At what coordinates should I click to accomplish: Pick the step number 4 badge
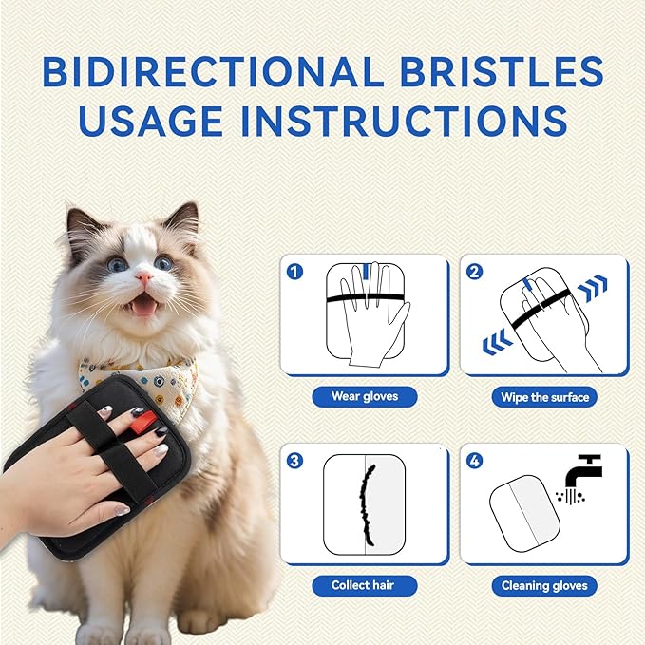pyautogui.click(x=475, y=461)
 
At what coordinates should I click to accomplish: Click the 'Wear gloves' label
pyautogui.click(x=365, y=396)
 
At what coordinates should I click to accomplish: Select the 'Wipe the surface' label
pyautogui.click(x=544, y=396)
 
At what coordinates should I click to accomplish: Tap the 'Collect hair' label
pyautogui.click(x=365, y=585)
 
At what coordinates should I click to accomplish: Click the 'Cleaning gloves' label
pyautogui.click(x=544, y=586)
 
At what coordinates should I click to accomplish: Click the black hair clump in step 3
pyautogui.click(x=364, y=504)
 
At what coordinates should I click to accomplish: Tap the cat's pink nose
pyautogui.click(x=142, y=277)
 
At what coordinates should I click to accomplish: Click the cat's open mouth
pyautogui.click(x=144, y=305)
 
